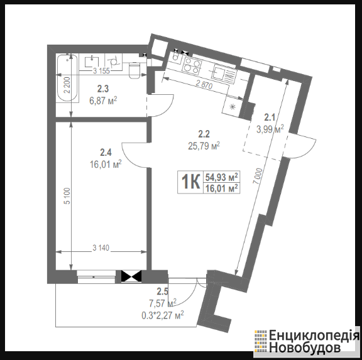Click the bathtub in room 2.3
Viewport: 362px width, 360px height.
pyautogui.click(x=68, y=78)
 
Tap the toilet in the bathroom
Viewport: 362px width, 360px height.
pyautogui.click(x=134, y=70)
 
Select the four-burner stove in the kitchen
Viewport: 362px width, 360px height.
pyautogui.click(x=192, y=65)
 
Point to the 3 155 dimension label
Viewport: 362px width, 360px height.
pyautogui.click(x=101, y=71)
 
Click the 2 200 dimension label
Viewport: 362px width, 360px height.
pyautogui.click(x=67, y=85)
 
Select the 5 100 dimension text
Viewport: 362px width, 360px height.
pyautogui.click(x=67, y=196)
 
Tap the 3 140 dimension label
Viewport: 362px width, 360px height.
pyautogui.click(x=101, y=248)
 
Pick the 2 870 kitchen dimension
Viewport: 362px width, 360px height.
pyautogui.click(x=204, y=85)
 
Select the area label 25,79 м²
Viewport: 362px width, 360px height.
pyautogui.click(x=204, y=146)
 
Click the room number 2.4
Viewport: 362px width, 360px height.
pyautogui.click(x=106, y=152)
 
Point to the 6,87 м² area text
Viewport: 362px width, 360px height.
pyautogui.click(x=103, y=101)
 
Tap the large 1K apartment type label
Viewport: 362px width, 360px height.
pyautogui.click(x=190, y=182)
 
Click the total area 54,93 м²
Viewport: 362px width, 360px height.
pyautogui.click(x=222, y=177)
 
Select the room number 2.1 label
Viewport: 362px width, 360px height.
pyautogui.click(x=270, y=117)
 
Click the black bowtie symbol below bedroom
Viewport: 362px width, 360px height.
pyautogui.click(x=131, y=276)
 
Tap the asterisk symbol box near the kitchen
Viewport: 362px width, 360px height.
pyautogui.click(x=233, y=107)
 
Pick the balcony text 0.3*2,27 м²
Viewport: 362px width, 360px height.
pyautogui.click(x=163, y=315)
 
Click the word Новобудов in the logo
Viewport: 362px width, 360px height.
pyautogui.click(x=305, y=347)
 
